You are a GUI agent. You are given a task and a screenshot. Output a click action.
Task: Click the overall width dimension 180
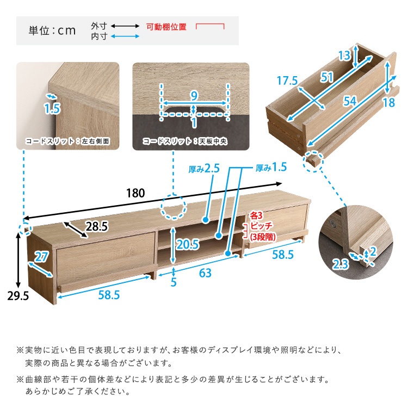pyautogui.click(x=135, y=193)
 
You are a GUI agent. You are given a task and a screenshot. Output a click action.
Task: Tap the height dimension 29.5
pyautogui.click(x=18, y=296)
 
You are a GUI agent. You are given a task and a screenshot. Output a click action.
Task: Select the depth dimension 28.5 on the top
pyautogui.click(x=96, y=226)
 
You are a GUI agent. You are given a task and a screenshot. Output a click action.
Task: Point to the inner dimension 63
pyautogui.click(x=205, y=273)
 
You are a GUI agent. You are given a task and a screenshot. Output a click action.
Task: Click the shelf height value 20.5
pyautogui.click(x=188, y=245)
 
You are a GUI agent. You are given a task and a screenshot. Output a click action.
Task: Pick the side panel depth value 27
pyautogui.click(x=42, y=257)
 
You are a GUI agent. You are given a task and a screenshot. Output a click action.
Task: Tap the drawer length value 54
pyautogui.click(x=350, y=101)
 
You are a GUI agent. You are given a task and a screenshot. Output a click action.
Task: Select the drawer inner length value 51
pyautogui.click(x=327, y=77)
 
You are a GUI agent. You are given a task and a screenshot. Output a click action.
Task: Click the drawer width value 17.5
pyautogui.click(x=287, y=81)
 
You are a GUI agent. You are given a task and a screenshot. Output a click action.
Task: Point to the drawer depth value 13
pyautogui.click(x=344, y=55)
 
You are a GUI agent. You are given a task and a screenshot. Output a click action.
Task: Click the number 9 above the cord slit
pyautogui.click(x=194, y=96)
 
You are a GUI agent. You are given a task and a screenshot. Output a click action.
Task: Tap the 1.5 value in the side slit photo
pyautogui.click(x=52, y=108)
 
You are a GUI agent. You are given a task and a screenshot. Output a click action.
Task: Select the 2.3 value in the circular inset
pyautogui.click(x=341, y=264)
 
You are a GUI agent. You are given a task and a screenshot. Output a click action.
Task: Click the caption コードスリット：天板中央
pyautogui.click(x=185, y=141)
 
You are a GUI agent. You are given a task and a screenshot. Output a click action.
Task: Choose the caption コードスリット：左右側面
pyautogui.click(x=67, y=141)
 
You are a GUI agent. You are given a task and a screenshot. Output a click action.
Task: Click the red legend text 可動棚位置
pyautogui.click(x=166, y=27)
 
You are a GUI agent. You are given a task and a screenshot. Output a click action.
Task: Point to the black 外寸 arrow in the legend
pyautogui.click(x=125, y=26)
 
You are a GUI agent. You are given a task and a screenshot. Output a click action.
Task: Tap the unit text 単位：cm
pyautogui.click(x=52, y=30)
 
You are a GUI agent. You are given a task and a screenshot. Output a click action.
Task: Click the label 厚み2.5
pyautogui.click(x=204, y=169)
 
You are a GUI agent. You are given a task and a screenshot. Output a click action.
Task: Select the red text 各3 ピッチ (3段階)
pyautogui.click(x=262, y=226)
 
